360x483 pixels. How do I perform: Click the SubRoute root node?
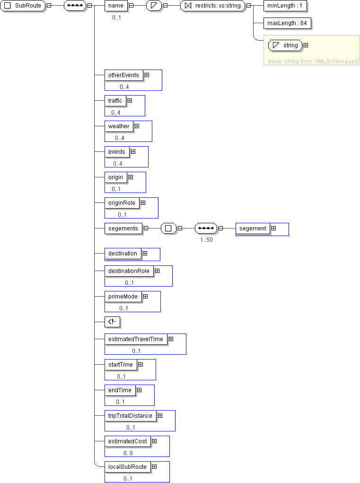pyautogui.click(x=23, y=6)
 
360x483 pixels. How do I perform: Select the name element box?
pyautogui.click(x=116, y=6)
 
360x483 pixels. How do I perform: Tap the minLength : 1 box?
pyautogui.click(x=285, y=6)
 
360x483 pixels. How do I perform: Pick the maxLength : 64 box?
pyautogui.click(x=287, y=23)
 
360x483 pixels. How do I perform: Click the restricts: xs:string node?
pyautogui.click(x=213, y=6)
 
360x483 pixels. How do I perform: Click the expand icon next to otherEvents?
pyautogui.click(x=147, y=75)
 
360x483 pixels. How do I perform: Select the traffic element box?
pyautogui.click(x=115, y=101)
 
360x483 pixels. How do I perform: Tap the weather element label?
pyautogui.click(x=119, y=126)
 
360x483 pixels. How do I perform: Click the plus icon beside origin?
pyautogui.click(x=131, y=177)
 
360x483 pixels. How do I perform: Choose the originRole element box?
pyautogui.click(x=122, y=203)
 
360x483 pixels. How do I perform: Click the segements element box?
pyautogui.click(x=123, y=228)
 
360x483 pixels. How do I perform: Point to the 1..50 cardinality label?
pyautogui.click(x=206, y=240)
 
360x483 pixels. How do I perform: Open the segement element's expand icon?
pyautogui.click(x=274, y=228)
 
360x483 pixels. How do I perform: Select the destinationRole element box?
pyautogui.click(x=129, y=271)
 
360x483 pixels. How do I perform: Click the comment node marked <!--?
pyautogui.click(x=112, y=322)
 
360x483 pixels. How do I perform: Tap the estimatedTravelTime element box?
pyautogui.click(x=136, y=339)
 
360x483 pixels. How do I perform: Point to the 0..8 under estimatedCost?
pyautogui.click(x=128, y=453)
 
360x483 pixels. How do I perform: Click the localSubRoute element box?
pyautogui.click(x=128, y=467)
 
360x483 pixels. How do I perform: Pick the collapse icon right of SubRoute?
pyautogui.click(x=49, y=6)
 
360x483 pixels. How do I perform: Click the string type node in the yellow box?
pyautogui.click(x=285, y=45)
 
